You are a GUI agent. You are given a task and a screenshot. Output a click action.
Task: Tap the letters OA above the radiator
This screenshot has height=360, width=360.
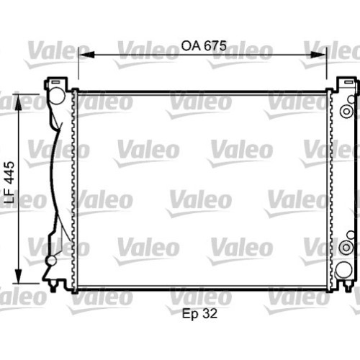pyautogui.click(x=191, y=45)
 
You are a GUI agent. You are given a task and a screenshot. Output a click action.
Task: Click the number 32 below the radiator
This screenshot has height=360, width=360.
pyautogui.click(x=210, y=313)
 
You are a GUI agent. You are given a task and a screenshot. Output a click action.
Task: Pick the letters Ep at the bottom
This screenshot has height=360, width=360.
pyautogui.click(x=191, y=314)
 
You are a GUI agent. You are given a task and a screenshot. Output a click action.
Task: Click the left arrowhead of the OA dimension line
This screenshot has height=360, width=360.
pyautogui.click(x=86, y=55)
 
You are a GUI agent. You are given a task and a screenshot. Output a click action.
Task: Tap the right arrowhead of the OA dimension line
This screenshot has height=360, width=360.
pyautogui.click(x=318, y=55)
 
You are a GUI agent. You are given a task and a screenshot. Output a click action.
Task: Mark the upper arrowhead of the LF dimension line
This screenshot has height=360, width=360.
pyautogui.click(x=18, y=102)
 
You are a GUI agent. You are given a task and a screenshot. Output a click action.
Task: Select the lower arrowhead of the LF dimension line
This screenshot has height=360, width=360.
pyautogui.click(x=18, y=276)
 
